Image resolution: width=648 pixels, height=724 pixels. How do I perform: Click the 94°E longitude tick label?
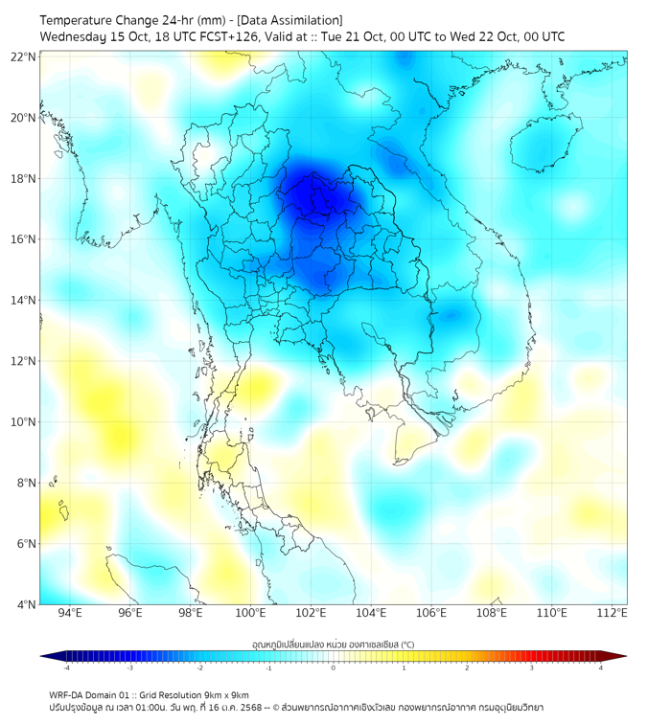point(70,614)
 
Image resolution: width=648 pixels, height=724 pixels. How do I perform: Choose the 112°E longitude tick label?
point(612,614)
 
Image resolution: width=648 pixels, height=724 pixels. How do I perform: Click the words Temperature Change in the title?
point(90,20)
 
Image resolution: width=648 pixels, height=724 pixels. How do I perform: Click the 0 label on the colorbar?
point(334,667)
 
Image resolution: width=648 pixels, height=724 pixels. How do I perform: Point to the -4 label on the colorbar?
point(66,667)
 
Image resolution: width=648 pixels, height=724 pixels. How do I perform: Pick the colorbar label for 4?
point(601,667)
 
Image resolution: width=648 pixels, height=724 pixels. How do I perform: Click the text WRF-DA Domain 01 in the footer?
point(90,694)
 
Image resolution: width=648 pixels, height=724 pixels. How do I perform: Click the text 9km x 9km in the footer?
point(225,694)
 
